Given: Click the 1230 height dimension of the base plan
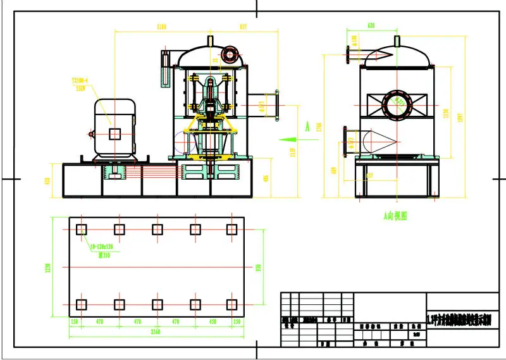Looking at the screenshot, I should (x=47, y=268).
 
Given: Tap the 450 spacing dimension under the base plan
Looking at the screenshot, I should (x=213, y=321).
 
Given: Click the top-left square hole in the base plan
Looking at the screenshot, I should (x=81, y=229).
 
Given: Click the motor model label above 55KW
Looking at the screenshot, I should (x=80, y=82).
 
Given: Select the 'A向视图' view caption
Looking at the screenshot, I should (x=395, y=216).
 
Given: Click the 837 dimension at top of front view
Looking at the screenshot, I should (x=244, y=27).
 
